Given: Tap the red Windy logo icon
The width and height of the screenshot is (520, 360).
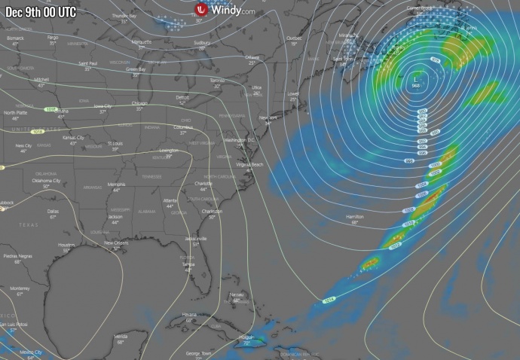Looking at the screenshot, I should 200,10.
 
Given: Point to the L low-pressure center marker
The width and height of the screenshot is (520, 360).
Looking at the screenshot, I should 415,77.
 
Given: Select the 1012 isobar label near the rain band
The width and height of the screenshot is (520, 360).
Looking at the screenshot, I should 395,246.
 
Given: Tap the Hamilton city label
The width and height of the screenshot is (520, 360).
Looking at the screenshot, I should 354,216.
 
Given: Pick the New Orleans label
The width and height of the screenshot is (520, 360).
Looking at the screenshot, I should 116,243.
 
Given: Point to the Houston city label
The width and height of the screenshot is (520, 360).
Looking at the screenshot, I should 66,245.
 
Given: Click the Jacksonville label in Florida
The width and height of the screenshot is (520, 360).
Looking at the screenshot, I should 196,238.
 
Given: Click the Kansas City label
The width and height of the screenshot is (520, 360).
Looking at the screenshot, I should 73,138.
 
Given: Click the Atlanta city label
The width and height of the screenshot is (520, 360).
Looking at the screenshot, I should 170,200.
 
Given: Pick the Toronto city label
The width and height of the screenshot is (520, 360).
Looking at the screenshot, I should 217,80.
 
